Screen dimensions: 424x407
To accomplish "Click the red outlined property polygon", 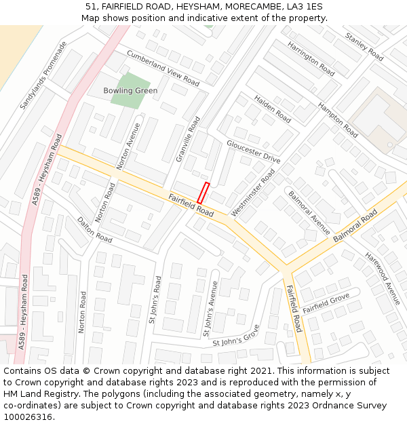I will (x=203, y=193).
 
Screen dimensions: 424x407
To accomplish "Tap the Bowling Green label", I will (x=130, y=90).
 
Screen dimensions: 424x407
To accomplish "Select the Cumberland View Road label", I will (x=163, y=68).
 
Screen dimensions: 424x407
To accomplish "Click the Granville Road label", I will (x=188, y=138).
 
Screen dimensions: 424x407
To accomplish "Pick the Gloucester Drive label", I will (x=253, y=152).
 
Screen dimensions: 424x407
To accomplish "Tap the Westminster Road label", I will (x=253, y=193).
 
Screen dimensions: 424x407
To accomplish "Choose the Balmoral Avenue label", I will (x=309, y=213).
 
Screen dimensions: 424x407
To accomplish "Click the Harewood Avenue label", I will (x=383, y=278).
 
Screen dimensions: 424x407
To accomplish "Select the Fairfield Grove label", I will (x=326, y=303).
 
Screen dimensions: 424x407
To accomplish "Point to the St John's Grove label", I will (x=235, y=338).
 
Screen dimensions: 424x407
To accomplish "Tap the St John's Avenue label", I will (x=210, y=309).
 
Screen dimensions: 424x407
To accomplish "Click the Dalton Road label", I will (x=94, y=230).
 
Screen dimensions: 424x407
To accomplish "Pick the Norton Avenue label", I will (x=129, y=145).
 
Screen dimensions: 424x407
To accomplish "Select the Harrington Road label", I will (x=311, y=58).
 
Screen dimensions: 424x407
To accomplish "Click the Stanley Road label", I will (x=364, y=47).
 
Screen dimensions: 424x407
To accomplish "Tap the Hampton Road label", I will (x=338, y=120).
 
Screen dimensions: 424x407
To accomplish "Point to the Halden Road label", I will (x=272, y=109).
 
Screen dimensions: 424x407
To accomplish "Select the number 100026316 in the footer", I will (x=27, y=417).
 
